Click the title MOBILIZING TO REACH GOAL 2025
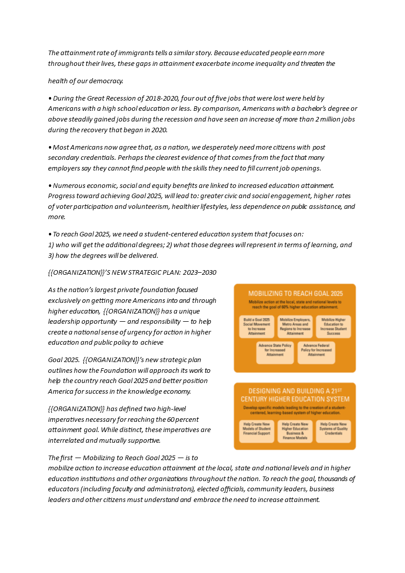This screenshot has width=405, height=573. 295,294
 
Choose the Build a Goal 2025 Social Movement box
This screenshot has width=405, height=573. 257,326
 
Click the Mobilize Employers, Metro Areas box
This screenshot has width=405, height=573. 295,326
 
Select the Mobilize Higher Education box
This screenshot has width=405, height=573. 333,326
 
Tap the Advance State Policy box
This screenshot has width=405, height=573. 275,352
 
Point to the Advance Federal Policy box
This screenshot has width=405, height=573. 316,352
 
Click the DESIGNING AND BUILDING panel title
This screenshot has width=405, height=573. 295,395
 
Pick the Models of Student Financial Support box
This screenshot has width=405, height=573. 257,431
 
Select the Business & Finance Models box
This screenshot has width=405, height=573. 295,431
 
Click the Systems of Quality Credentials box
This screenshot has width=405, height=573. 333,431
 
